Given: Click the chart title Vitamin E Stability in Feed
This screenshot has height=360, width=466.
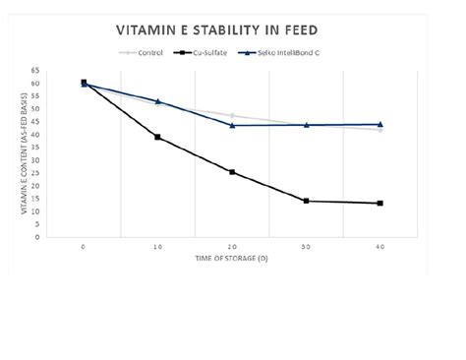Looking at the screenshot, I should point(233,30).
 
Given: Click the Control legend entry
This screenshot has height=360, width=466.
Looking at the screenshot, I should point(143,52).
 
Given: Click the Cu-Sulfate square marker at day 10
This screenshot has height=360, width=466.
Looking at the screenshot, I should point(157,137).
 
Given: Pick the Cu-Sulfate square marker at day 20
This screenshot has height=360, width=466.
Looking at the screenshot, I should point(232,172).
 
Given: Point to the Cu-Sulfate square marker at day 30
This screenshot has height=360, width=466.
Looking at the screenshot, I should point(306,201).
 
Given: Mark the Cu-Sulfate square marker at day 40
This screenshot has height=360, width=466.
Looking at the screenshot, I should point(380,204).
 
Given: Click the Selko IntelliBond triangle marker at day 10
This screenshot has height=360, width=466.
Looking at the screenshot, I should point(157,101).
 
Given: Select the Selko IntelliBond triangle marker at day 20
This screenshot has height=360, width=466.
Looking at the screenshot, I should point(232,125).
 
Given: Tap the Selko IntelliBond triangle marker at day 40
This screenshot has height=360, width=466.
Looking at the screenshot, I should point(380,124).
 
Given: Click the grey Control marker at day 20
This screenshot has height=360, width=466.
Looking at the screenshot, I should point(232,116).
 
